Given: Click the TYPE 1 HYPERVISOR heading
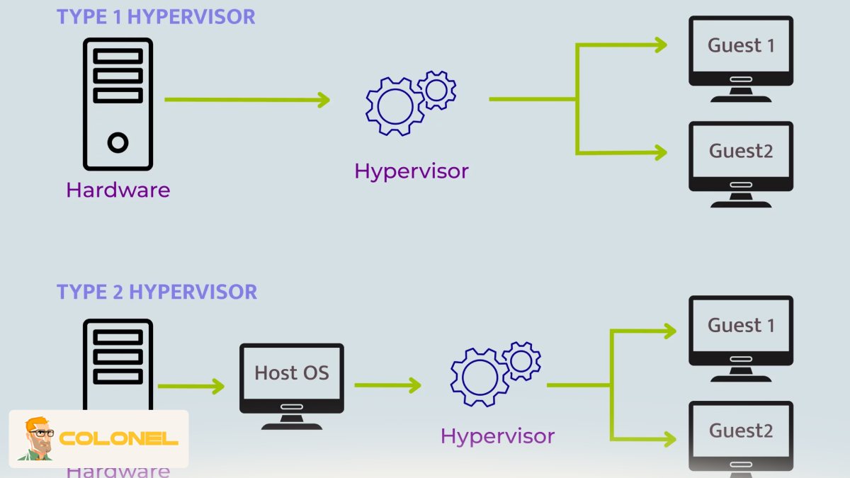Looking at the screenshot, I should (x=156, y=16).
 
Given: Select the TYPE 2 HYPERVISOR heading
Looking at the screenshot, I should (x=157, y=291).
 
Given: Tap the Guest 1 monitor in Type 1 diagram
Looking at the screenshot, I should (x=741, y=51).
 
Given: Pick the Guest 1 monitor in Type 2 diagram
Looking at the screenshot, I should (x=741, y=331).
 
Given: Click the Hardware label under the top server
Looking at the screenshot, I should (x=118, y=190).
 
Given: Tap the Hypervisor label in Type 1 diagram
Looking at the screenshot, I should (x=412, y=171).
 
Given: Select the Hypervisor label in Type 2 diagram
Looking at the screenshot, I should (x=497, y=436).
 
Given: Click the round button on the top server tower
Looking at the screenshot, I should (x=118, y=143).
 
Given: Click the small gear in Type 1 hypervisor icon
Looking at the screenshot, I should (x=436, y=90).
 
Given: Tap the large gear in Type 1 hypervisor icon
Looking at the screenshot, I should (x=395, y=106).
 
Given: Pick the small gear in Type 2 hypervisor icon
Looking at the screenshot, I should (x=521, y=361).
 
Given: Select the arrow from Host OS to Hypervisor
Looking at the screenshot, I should (x=387, y=385).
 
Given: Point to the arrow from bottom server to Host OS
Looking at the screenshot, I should (x=190, y=386).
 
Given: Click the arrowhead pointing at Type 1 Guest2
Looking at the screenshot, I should (x=660, y=152).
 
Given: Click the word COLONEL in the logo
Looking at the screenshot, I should (x=118, y=439).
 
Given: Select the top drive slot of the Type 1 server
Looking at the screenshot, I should (x=118, y=56).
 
